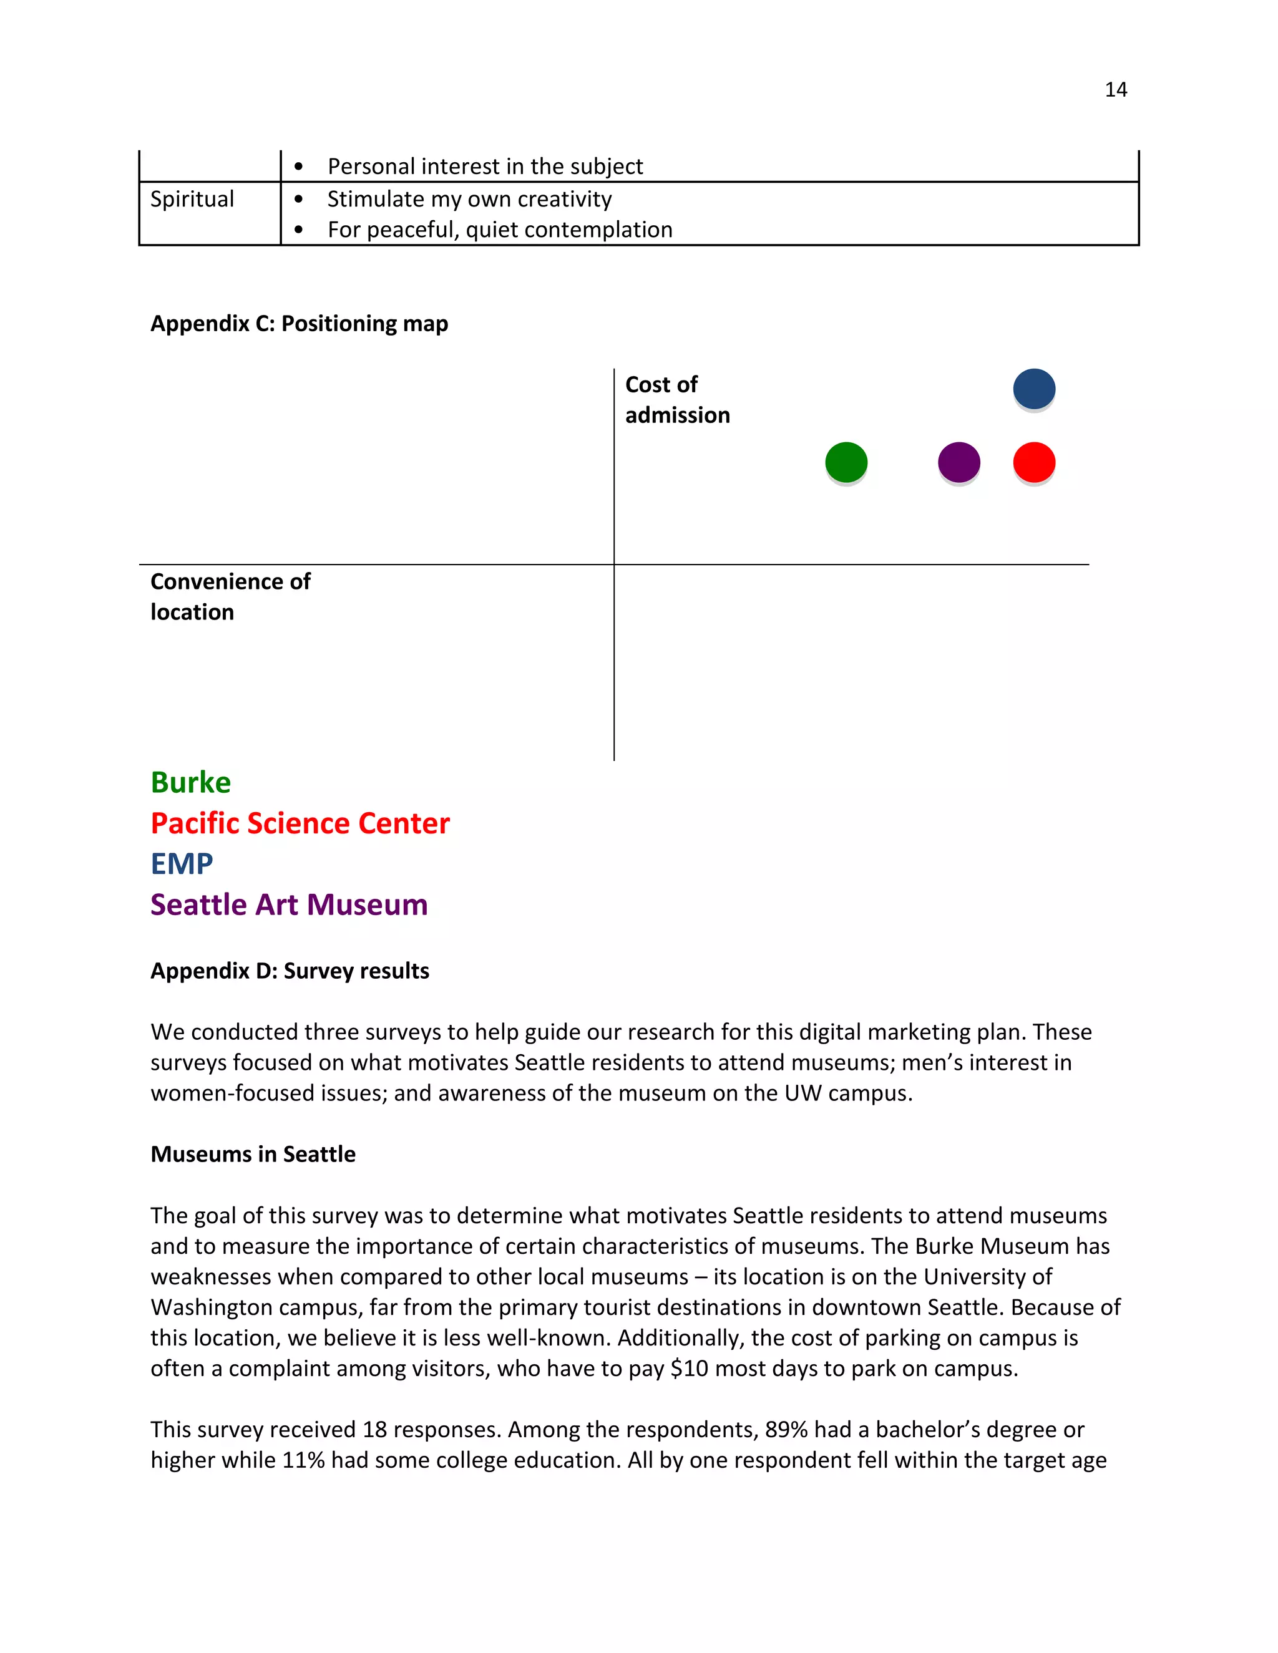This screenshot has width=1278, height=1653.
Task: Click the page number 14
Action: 1115,89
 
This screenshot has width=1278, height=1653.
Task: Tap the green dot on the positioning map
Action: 846,462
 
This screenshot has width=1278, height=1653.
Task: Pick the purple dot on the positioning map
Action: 958,462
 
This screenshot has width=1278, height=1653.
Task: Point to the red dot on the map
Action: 1033,462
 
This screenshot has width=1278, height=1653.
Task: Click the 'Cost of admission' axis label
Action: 677,400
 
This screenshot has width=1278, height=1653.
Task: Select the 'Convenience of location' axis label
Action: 230,596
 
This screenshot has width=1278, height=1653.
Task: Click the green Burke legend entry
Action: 191,782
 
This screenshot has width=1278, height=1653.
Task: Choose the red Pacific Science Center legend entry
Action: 300,823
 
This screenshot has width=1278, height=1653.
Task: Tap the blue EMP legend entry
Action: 182,863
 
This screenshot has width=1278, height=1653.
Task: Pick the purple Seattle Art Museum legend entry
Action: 289,904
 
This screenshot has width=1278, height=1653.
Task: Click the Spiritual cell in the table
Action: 192,199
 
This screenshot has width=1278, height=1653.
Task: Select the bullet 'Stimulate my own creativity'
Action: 469,199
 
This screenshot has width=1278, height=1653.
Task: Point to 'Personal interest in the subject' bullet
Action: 484,166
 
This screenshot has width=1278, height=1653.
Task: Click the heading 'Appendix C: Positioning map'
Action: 299,323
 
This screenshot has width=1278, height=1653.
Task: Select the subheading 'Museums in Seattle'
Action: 253,1154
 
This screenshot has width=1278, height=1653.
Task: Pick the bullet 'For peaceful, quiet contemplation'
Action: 500,230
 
